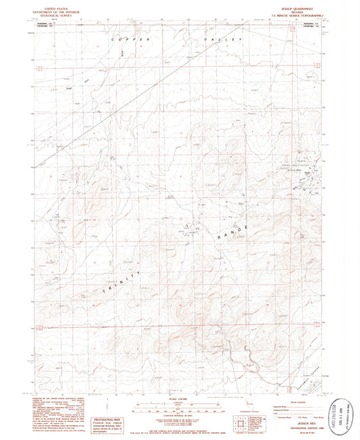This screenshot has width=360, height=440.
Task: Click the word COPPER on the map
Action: pyautogui.click(x=124, y=42)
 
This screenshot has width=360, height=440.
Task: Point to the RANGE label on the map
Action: pyautogui.click(x=232, y=232)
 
